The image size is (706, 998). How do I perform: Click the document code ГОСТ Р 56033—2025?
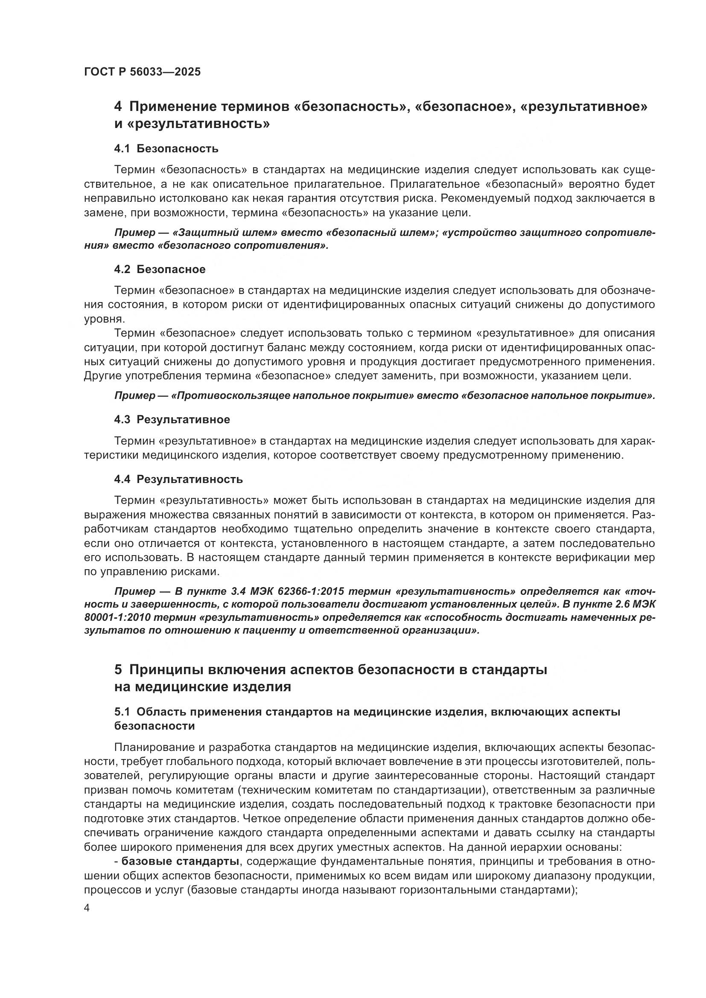pos(142,72)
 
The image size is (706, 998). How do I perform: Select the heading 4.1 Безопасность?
pos(166,149)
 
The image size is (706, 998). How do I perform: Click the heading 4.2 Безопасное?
pos(160,270)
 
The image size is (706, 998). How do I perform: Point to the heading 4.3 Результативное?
pos(172,420)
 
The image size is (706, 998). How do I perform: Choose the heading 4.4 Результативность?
pos(178,480)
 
